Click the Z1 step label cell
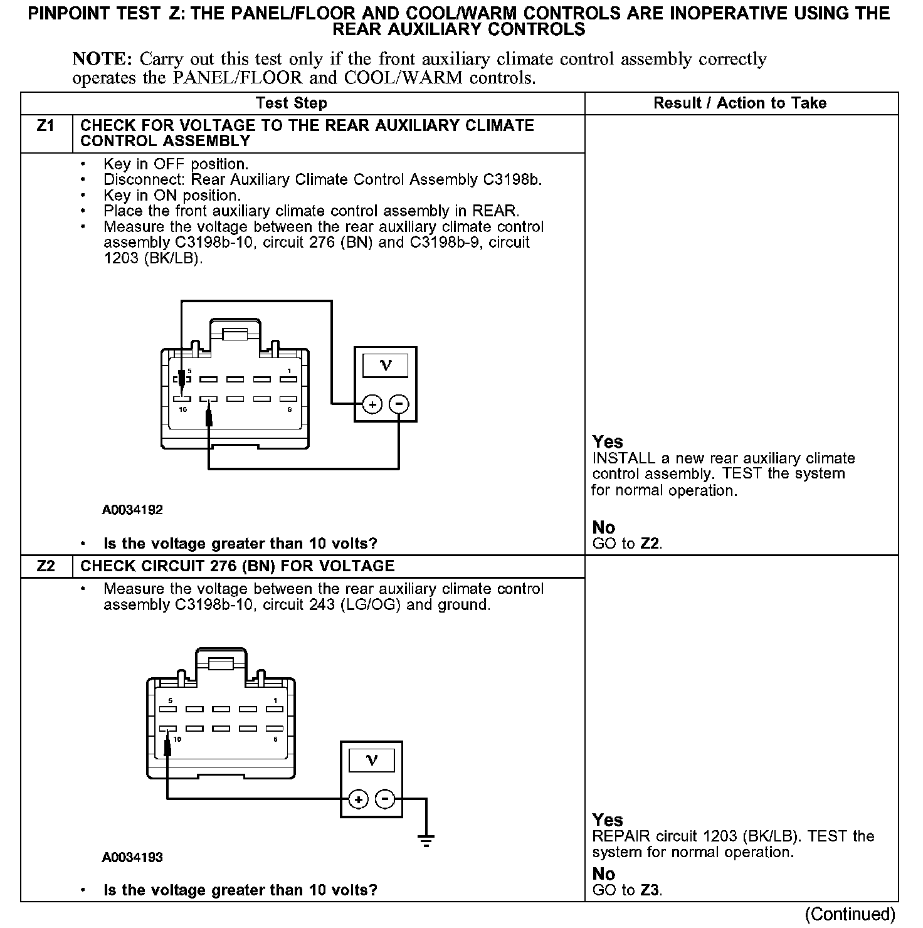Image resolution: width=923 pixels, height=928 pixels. tap(46, 127)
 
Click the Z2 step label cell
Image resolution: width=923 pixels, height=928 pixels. tap(46, 566)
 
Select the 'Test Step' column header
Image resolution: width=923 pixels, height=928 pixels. tap(291, 103)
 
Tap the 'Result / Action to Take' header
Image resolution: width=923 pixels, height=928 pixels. tap(740, 103)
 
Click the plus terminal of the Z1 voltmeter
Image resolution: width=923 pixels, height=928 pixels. tap(372, 404)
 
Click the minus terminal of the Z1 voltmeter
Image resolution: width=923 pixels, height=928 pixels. tap(399, 404)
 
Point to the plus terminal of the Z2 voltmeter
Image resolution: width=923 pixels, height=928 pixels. tap(358, 799)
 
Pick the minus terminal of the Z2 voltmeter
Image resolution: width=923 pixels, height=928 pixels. tap(384, 799)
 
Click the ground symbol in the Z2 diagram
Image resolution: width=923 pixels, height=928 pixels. tap(426, 840)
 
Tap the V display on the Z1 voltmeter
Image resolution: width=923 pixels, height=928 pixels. tap(386, 365)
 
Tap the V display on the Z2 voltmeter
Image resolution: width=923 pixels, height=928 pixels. tap(371, 760)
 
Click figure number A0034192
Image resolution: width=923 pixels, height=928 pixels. tap(132, 510)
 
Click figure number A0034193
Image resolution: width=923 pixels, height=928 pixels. tap(132, 857)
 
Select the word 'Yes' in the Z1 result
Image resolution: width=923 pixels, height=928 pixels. tap(608, 442)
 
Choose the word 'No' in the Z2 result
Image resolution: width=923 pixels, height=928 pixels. tap(604, 873)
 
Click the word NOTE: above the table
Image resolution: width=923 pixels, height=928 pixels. tap(102, 60)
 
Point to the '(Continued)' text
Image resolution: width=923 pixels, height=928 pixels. tap(850, 914)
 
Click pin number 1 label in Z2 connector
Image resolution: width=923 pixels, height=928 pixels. tap(275, 700)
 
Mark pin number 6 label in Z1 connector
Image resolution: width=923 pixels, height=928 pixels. tap(289, 409)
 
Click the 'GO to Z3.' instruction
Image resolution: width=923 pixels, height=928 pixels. tap(627, 890)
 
